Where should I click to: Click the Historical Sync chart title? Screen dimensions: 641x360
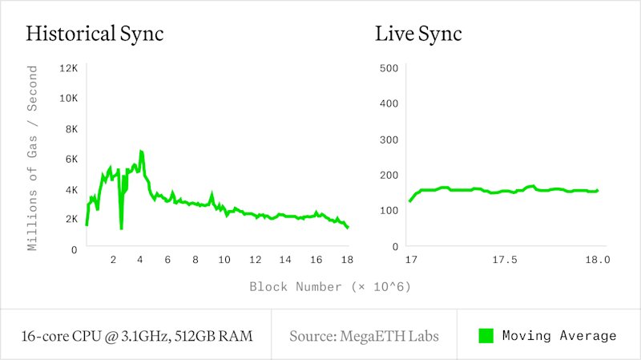95,34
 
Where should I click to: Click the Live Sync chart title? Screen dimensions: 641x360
418,34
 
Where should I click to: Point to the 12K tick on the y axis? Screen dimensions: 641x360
68,68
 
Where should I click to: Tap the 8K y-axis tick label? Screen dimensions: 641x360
71,129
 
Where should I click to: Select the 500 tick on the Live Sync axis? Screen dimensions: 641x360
389,68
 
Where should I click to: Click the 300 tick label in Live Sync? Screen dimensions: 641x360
389,140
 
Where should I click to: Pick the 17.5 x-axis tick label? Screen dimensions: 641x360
505,260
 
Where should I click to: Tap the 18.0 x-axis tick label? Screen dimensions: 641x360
598,260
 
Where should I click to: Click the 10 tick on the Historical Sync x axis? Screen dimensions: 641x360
224,260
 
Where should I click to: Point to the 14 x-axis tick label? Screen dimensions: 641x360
285,260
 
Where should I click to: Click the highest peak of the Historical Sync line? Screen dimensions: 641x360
141,152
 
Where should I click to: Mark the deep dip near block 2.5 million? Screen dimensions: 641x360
122,228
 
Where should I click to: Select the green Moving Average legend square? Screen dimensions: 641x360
486,336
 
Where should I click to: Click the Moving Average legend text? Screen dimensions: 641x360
559,336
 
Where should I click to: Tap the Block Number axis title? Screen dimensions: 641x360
330,287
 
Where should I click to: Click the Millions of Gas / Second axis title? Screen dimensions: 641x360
32,158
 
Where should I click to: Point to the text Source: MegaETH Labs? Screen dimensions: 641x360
364,336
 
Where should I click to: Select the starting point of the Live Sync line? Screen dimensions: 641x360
410,201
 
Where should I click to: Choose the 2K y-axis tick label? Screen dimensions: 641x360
71,219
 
